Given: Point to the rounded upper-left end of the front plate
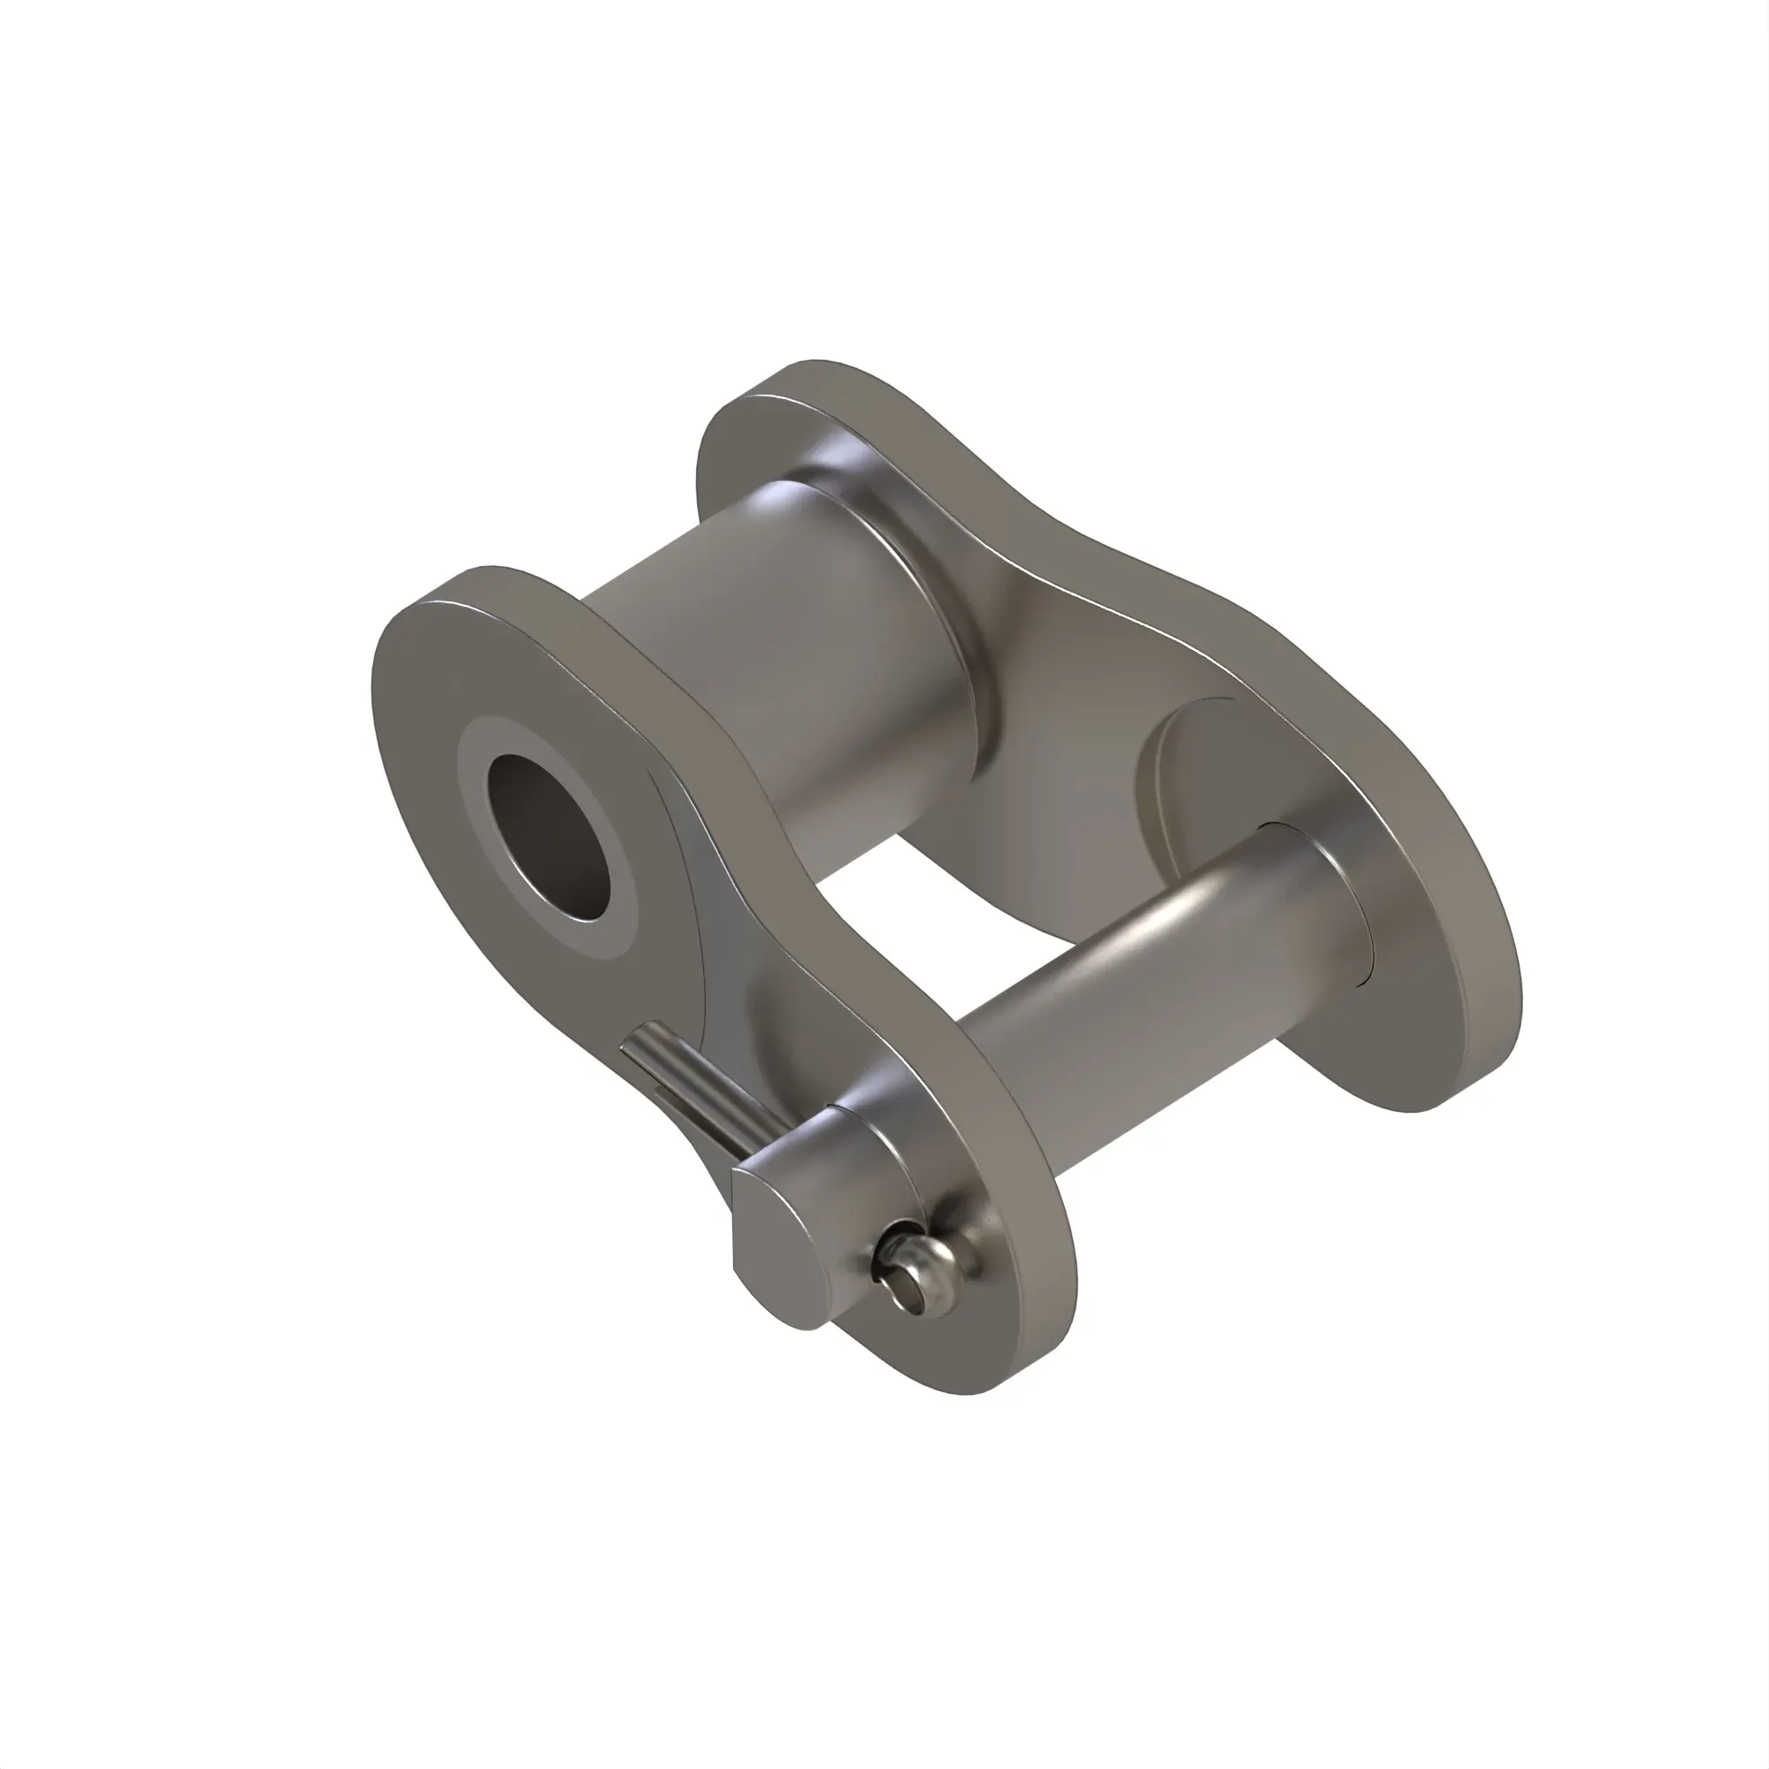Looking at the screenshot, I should pyautogui.click(x=431, y=623).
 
